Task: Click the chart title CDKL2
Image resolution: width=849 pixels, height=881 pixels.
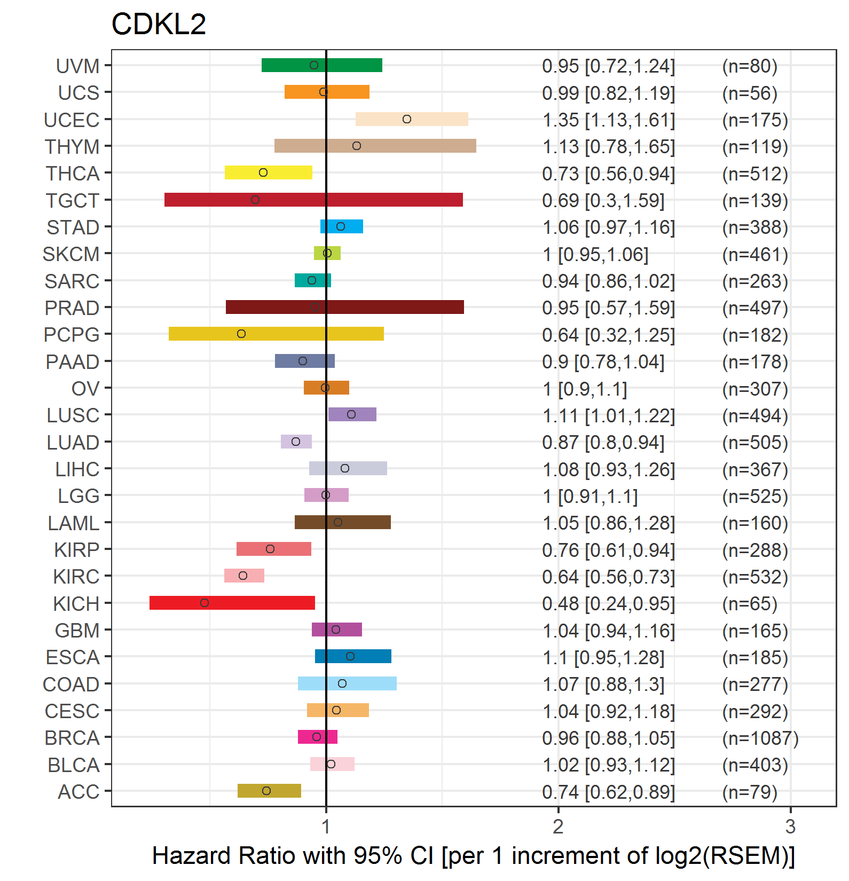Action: pos(159,25)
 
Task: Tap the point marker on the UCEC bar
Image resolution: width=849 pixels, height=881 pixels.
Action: pos(407,119)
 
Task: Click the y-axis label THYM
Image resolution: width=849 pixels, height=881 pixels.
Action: pos(72,147)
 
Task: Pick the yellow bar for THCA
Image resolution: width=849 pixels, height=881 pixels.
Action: pos(288,172)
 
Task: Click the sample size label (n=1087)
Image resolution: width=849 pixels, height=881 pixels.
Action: pos(760,738)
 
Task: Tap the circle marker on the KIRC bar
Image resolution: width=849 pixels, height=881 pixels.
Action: pos(243,576)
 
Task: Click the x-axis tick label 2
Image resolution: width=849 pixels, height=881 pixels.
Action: pos(558,827)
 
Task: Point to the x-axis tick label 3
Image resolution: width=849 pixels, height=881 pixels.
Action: pos(790,827)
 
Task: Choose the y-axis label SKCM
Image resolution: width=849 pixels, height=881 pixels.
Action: pos(71,255)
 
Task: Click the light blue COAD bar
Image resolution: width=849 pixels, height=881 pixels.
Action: pos(368,683)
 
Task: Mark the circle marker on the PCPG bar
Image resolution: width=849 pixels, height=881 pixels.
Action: pos(241,334)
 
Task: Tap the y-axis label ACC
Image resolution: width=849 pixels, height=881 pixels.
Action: pos(78,792)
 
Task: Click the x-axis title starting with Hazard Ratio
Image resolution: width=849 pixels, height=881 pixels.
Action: pos(473,856)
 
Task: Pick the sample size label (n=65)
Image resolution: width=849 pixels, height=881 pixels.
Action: pos(749,604)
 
